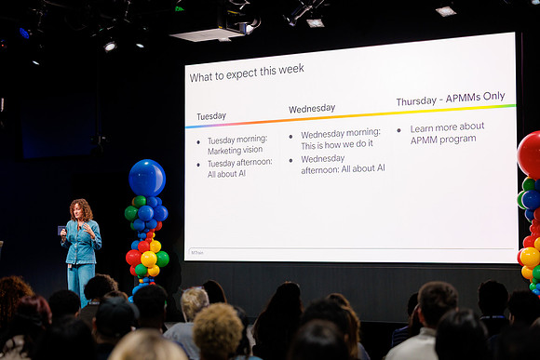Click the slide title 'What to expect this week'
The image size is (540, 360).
click(247, 73)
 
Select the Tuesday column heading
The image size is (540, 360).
click(211, 116)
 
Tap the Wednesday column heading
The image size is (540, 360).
click(312, 109)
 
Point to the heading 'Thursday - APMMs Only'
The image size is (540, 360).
click(451, 99)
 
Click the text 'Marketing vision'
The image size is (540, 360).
click(235, 151)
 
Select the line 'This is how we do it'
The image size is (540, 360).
click(337, 144)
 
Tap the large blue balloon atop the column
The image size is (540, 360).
click(147, 178)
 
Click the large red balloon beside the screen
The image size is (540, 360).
click(530, 154)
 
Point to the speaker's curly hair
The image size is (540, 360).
click(81, 208)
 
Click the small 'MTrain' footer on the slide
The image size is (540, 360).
click(197, 252)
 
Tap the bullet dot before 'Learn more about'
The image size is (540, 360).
click(398, 130)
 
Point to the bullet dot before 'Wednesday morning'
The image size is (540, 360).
click(291, 137)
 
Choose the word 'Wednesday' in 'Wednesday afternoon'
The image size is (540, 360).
click(323, 159)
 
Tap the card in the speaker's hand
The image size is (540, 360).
click(61, 231)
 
